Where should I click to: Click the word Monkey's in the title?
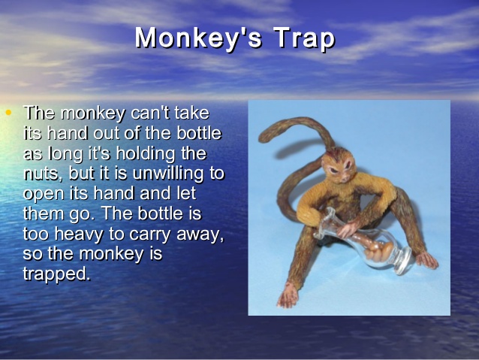pyautogui.click(x=198, y=38)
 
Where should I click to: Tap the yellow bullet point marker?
pyautogui.click(x=8, y=113)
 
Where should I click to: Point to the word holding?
pyautogui.click(x=146, y=154)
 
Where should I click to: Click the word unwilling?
pyautogui.click(x=167, y=174)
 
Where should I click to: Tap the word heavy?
pyautogui.click(x=79, y=234)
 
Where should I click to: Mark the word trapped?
pyautogui.click(x=56, y=274)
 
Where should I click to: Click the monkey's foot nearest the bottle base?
pyautogui.click(x=427, y=260)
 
